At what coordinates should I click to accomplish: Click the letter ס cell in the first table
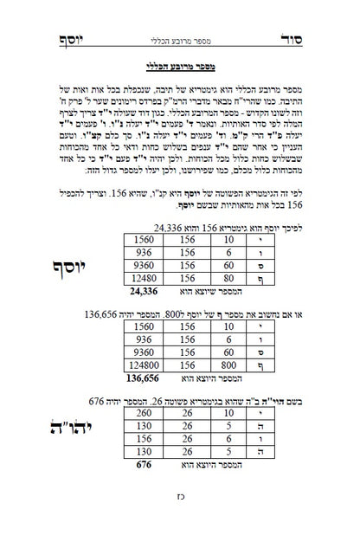coord(268,263)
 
